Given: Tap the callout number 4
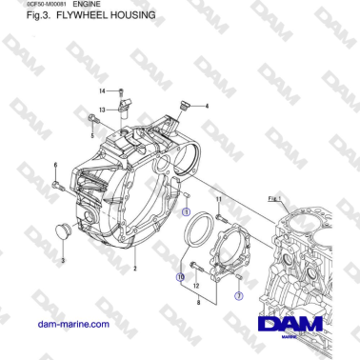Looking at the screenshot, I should point(208,105).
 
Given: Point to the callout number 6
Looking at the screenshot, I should point(55,165).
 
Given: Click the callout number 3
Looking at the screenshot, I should point(63,260).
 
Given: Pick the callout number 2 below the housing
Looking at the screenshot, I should point(135,270).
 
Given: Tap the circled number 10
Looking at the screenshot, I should point(180,277).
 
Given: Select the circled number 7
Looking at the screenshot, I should point(239,296).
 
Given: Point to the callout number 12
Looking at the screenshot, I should point(195,285).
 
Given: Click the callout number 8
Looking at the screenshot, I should point(197,301).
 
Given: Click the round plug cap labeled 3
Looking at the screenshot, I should point(66,231).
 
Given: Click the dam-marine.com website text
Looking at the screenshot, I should point(71,325).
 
